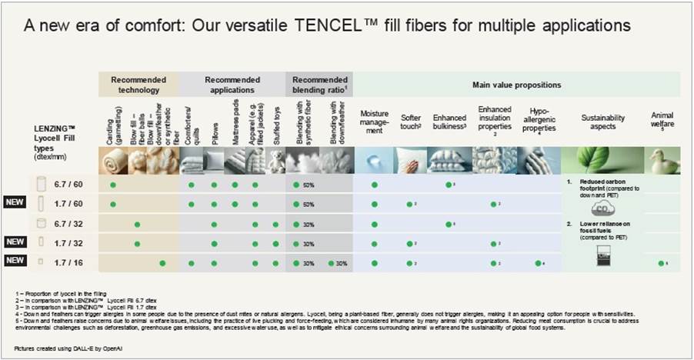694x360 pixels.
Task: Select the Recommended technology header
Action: point(138,84)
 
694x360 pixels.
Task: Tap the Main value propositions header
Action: point(515,85)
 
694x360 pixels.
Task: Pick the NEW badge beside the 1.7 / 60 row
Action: point(16,205)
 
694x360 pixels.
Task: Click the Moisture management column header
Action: point(374,122)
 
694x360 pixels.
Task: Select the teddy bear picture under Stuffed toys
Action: point(275,161)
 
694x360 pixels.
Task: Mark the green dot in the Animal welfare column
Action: point(661,263)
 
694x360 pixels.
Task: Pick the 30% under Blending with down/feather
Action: point(341,263)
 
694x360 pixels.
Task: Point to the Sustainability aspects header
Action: point(602,122)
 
